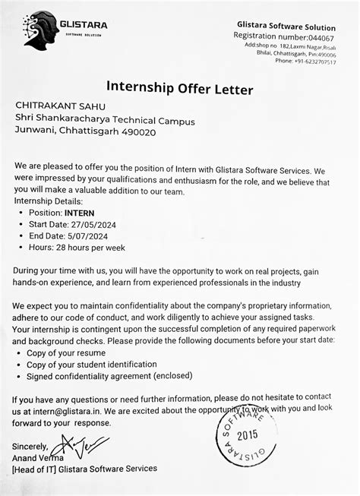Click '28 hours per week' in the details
pos(88,248)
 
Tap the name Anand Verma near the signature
pos(39,458)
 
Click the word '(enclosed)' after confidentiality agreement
pos(175,377)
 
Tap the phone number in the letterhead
pos(309,62)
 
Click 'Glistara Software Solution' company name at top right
pos(286,27)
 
